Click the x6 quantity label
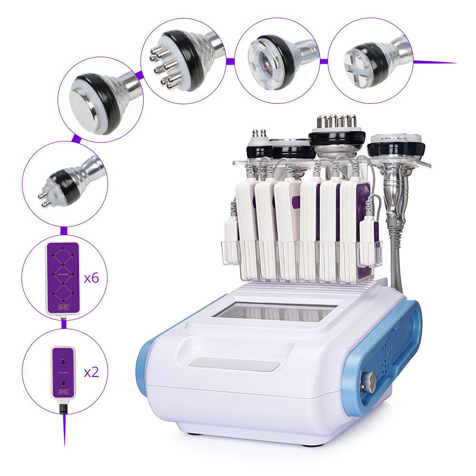click(91, 278)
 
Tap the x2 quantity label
click(91, 372)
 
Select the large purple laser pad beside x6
click(62, 278)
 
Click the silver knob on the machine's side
click(369, 381)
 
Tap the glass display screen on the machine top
click(274, 312)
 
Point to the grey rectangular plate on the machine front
click(234, 365)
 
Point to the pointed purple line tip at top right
click(452, 63)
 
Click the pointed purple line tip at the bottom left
click(64, 440)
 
